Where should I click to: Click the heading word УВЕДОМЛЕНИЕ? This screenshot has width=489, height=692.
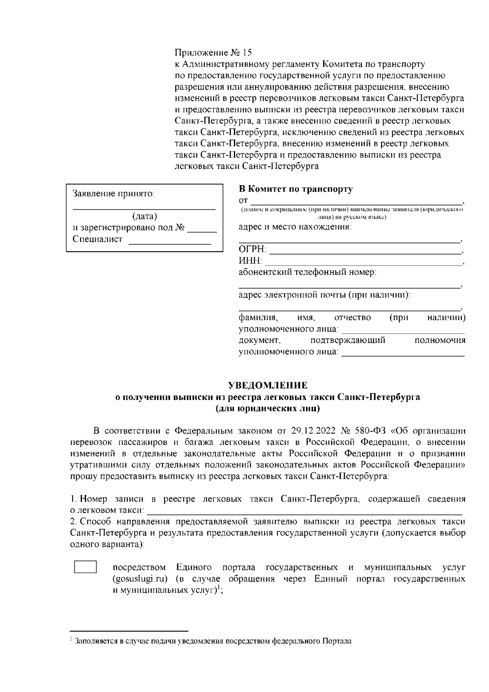[267, 385]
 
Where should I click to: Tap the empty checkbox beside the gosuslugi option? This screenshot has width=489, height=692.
[85, 567]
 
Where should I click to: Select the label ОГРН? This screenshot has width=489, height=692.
[252, 250]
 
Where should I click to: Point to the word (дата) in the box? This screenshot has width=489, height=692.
[145, 217]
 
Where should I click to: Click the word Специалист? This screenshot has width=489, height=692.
[97, 239]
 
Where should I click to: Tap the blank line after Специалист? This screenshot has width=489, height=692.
[170, 243]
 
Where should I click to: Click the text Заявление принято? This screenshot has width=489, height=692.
[113, 194]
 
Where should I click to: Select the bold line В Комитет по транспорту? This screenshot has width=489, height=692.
[295, 189]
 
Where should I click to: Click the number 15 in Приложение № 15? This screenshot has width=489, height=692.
[247, 53]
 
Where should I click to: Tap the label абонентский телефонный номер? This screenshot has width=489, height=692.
[307, 272]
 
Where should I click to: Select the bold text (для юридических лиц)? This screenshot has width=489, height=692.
[267, 408]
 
